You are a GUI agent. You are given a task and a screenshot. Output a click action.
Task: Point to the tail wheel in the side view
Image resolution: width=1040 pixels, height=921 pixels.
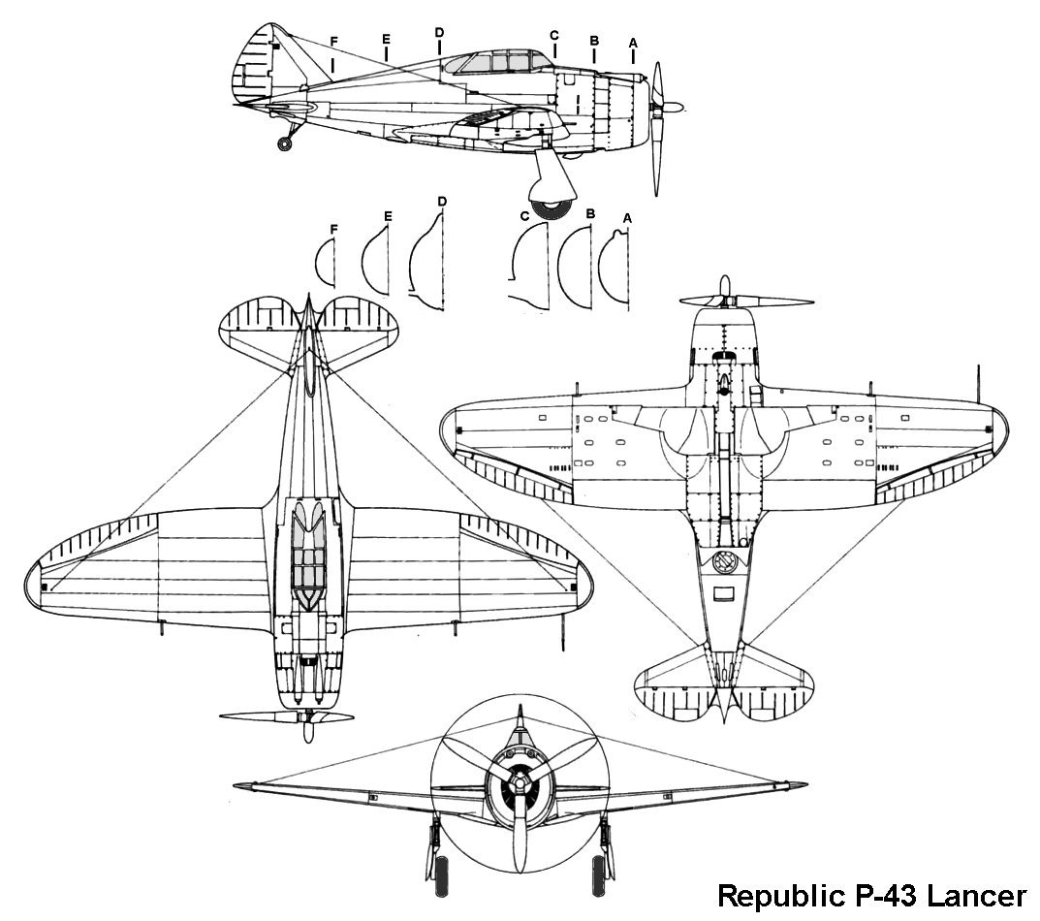click(284, 144)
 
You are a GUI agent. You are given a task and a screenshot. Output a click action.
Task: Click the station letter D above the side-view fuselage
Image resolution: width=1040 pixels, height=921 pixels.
click(439, 33)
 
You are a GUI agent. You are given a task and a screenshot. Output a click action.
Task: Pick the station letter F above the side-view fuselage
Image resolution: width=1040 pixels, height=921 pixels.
click(333, 42)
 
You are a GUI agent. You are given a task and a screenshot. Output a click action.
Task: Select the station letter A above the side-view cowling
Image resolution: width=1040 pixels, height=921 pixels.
click(633, 43)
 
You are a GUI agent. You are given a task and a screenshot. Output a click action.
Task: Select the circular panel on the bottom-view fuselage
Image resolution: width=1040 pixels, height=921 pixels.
click(723, 561)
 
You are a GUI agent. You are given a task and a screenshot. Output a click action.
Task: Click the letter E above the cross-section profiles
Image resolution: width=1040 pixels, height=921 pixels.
click(387, 216)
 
